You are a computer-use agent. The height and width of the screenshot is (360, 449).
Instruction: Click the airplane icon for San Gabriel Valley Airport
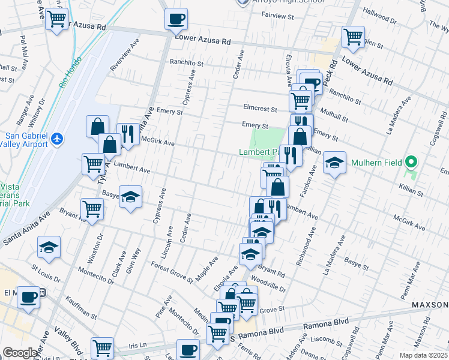coord(57,139)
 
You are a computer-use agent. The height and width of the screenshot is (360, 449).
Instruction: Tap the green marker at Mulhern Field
coord(411,162)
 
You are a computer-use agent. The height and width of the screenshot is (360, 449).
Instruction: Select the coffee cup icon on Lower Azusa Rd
coord(176,19)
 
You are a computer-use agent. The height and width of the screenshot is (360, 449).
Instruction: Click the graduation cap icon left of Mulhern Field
coord(334,162)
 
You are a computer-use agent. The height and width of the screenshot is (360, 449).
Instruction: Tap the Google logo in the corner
coord(19,353)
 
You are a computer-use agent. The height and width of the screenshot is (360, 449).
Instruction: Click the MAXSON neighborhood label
coord(430,305)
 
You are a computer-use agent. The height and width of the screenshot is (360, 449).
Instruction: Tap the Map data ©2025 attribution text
coord(423,355)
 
